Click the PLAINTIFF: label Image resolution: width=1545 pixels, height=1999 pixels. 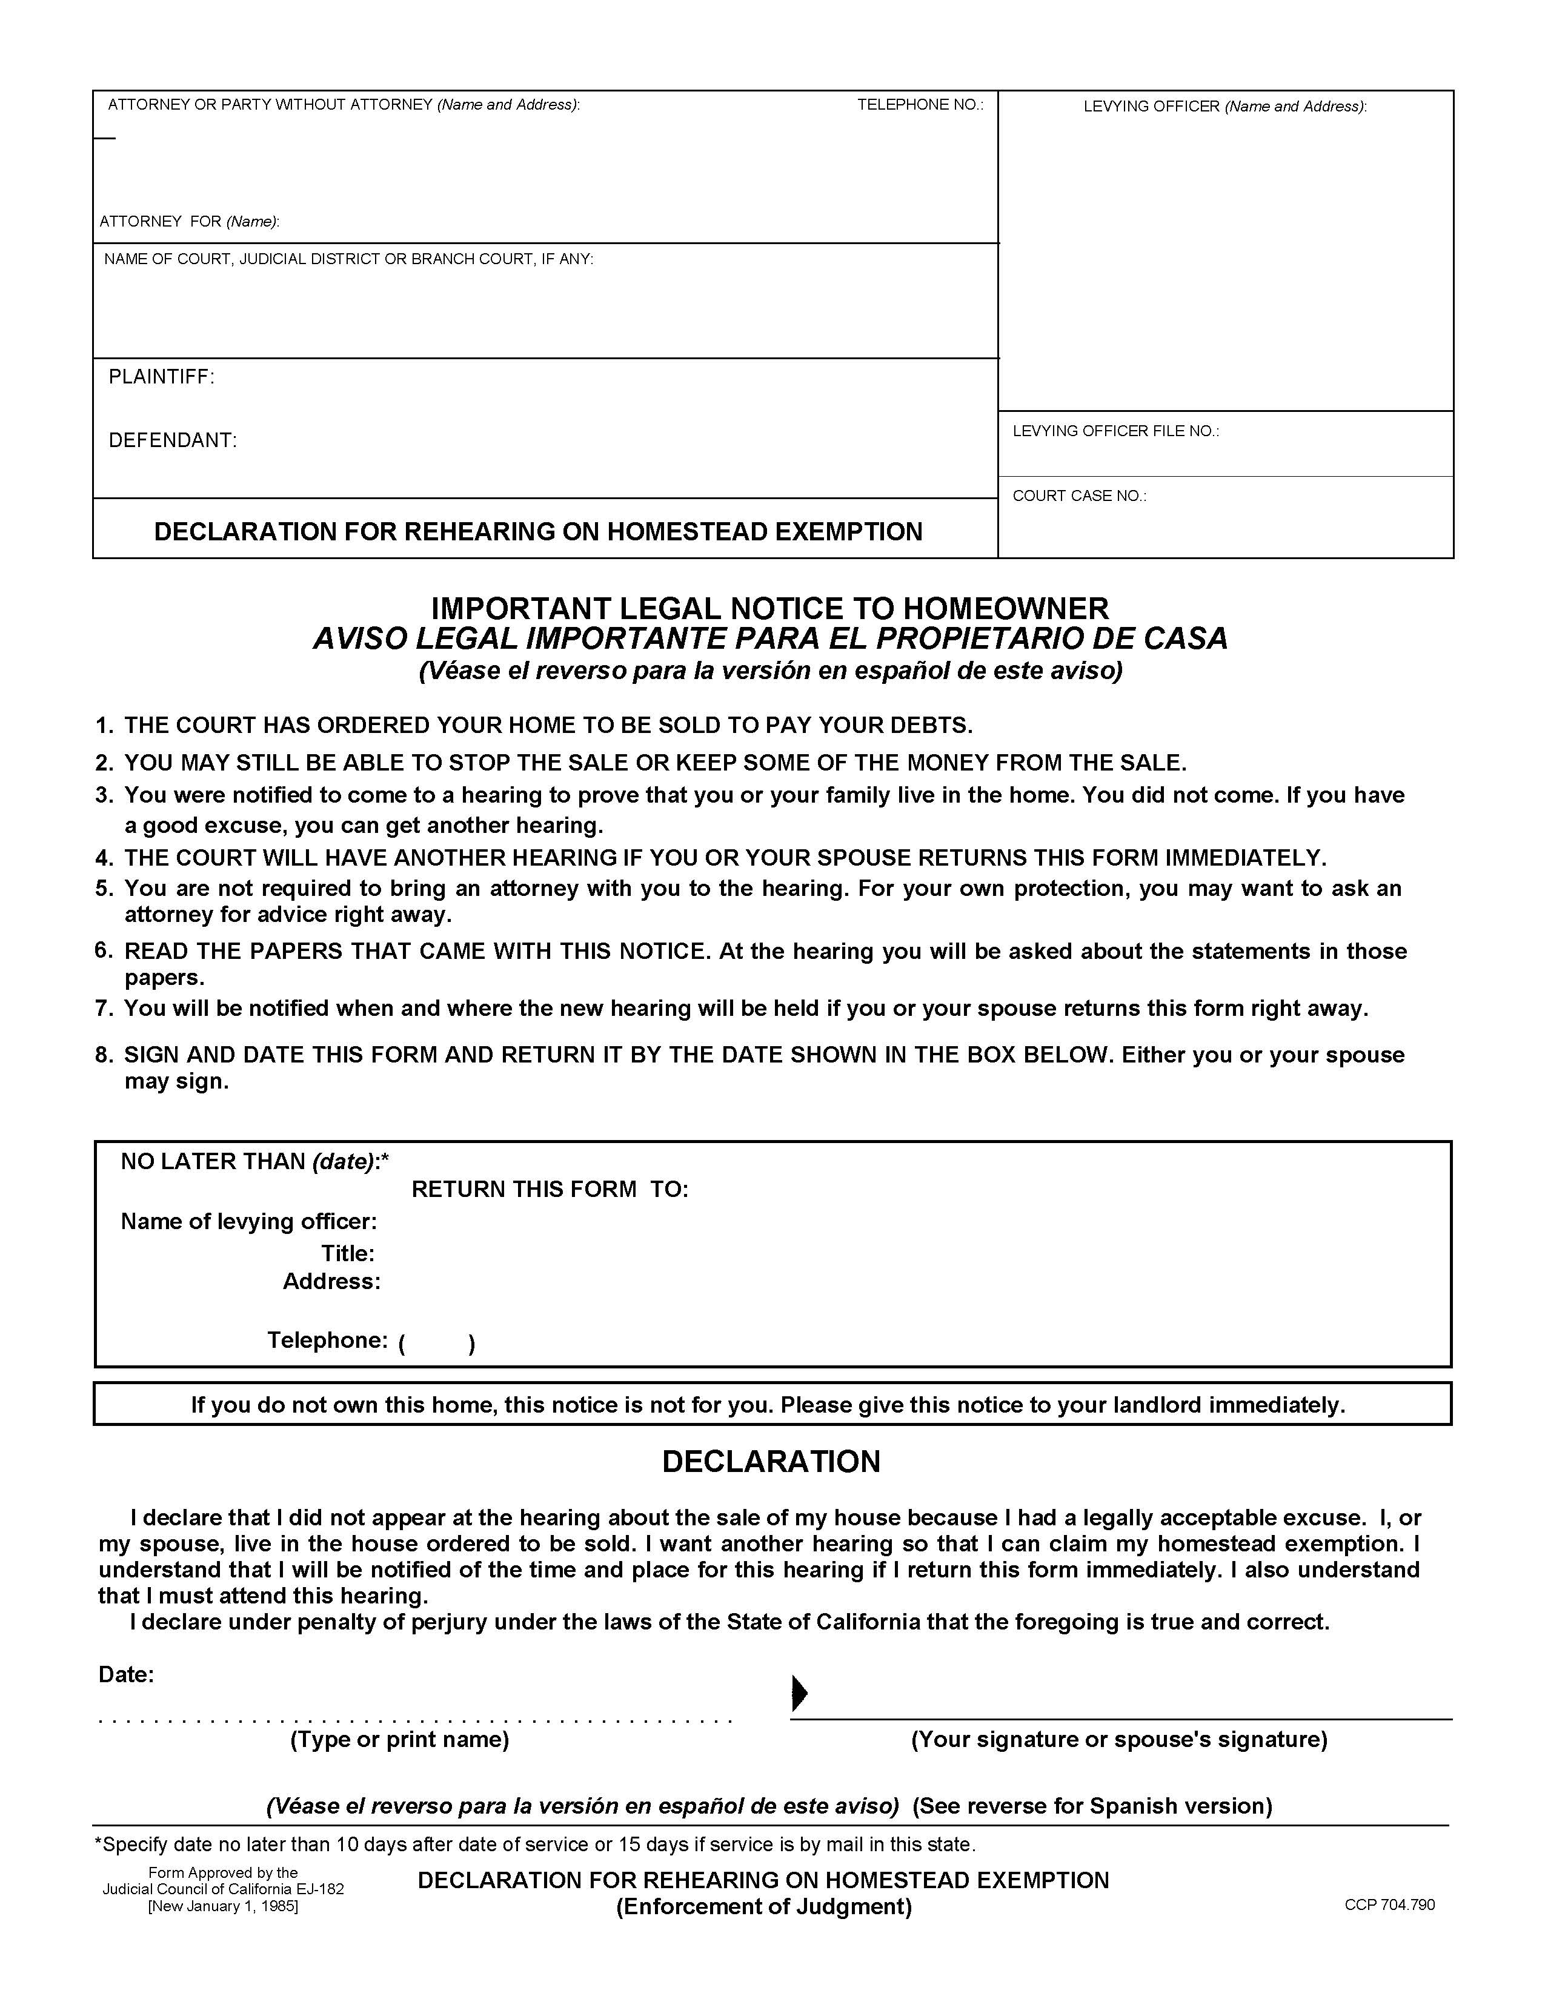pos(161,377)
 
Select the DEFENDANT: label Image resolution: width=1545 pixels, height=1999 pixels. pos(172,440)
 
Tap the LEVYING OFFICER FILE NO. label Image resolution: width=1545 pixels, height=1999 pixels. pos(1115,431)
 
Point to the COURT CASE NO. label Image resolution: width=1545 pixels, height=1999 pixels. pos(1078,496)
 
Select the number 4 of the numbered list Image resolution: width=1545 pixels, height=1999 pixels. pos(104,858)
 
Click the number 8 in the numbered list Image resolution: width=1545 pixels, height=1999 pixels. pos(104,1055)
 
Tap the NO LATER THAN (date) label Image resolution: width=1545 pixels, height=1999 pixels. pos(254,1161)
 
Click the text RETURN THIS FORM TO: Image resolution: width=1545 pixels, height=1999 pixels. pos(549,1190)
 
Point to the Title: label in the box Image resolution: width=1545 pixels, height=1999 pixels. pos(347,1254)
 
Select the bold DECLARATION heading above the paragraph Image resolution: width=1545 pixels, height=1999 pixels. pos(771,1462)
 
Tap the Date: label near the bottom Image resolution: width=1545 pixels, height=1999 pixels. pos(125,1675)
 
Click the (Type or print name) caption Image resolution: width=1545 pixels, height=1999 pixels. pos(399,1740)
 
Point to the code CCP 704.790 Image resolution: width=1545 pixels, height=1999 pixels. pos(1389,1905)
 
